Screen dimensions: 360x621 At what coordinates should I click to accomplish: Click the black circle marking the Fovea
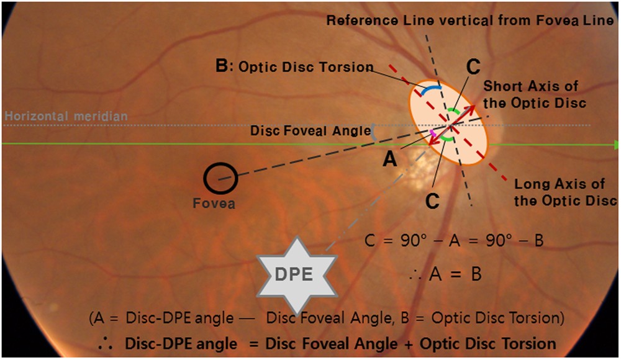[x=219, y=178]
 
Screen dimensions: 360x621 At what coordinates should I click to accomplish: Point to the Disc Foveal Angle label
[x=308, y=131]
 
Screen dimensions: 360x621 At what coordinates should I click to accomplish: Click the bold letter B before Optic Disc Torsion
[x=222, y=66]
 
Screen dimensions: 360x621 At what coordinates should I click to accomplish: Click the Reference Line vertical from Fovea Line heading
[x=470, y=20]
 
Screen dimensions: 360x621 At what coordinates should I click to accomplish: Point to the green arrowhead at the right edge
[x=616, y=145]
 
